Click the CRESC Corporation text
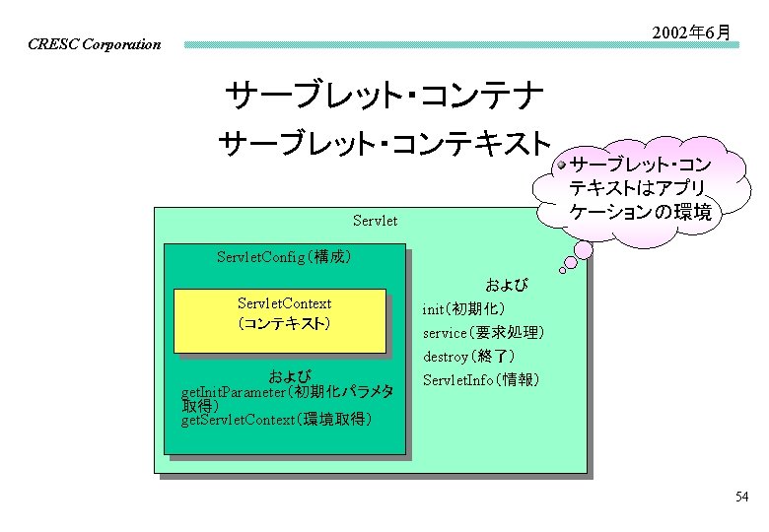[95, 44]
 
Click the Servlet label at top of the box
[375, 221]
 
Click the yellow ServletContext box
[280, 319]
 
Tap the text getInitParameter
[233, 393]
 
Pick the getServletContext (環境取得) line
[277, 420]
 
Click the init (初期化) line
[464, 309]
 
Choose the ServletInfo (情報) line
[481, 380]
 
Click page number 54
[741, 497]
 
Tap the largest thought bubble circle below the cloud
[583, 250]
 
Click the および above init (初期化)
[506, 286]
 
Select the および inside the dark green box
[291, 376]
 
